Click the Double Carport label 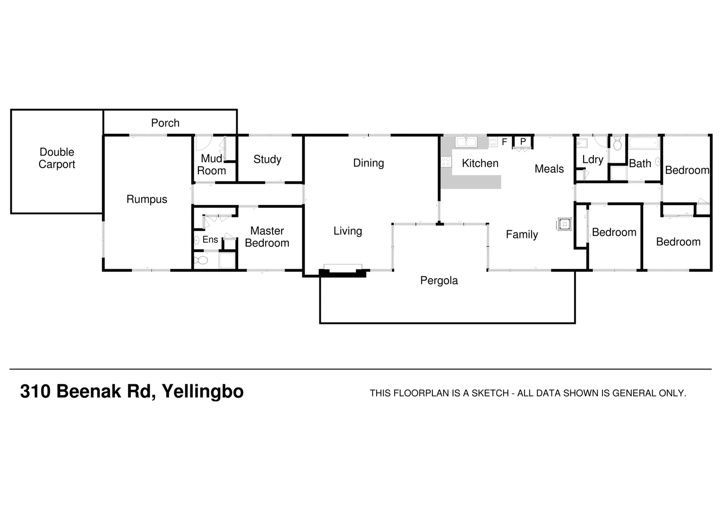tap(57, 158)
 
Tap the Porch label tap(165, 123)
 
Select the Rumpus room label tap(146, 199)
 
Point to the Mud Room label tap(211, 165)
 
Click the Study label tap(267, 159)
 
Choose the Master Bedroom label tap(267, 237)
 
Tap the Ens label tap(210, 239)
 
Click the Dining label tap(369, 163)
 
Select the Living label tap(347, 231)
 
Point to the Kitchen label tap(480, 163)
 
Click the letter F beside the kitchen tap(505, 142)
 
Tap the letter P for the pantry tap(523, 142)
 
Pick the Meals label tap(549, 169)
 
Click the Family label tap(522, 235)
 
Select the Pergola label tap(439, 280)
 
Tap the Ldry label tap(593, 160)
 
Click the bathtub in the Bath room tap(644, 144)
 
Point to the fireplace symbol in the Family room tap(564, 224)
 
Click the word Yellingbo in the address tap(202, 392)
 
